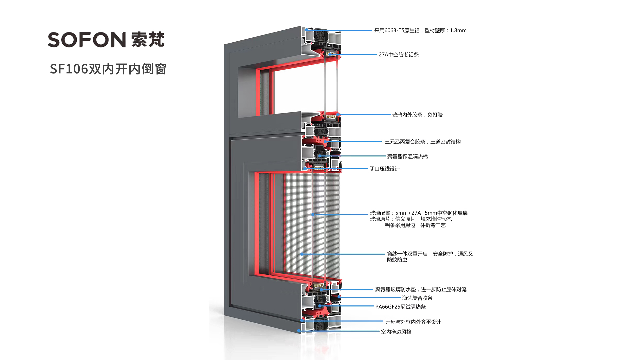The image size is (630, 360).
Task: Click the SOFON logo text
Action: pyautogui.click(x=87, y=40)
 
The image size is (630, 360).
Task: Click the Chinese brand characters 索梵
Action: pyautogui.click(x=148, y=40)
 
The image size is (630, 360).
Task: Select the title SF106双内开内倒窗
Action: pyautogui.click(x=108, y=69)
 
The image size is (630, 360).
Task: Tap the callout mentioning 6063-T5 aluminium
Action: pyautogui.click(x=420, y=30)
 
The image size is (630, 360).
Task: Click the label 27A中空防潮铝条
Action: pyautogui.click(x=398, y=55)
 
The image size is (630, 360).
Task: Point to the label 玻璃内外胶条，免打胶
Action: pyautogui.click(x=417, y=115)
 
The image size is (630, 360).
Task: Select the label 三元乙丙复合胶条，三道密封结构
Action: pyautogui.click(x=422, y=142)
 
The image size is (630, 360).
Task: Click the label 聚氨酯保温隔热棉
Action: pyautogui.click(x=407, y=156)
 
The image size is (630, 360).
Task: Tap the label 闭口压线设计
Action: pyautogui.click(x=384, y=169)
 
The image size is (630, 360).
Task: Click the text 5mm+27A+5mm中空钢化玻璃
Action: pyautogui.click(x=431, y=213)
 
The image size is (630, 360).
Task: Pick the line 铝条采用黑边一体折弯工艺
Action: pyautogui.click(x=415, y=225)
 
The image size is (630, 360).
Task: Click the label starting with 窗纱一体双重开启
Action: pyautogui.click(x=430, y=254)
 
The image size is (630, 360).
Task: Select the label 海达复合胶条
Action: pyautogui.click(x=417, y=298)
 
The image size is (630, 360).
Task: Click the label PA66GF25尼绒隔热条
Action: pyautogui.click(x=400, y=307)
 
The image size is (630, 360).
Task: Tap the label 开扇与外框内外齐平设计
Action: pyautogui.click(x=413, y=322)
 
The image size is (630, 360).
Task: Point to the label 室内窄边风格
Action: pyautogui.click(x=396, y=332)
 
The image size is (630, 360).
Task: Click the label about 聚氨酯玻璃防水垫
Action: pyautogui.click(x=421, y=289)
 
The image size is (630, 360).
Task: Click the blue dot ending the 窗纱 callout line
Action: pyautogui.click(x=302, y=254)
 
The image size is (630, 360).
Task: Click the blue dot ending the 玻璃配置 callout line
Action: pyautogui.click(x=313, y=215)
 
